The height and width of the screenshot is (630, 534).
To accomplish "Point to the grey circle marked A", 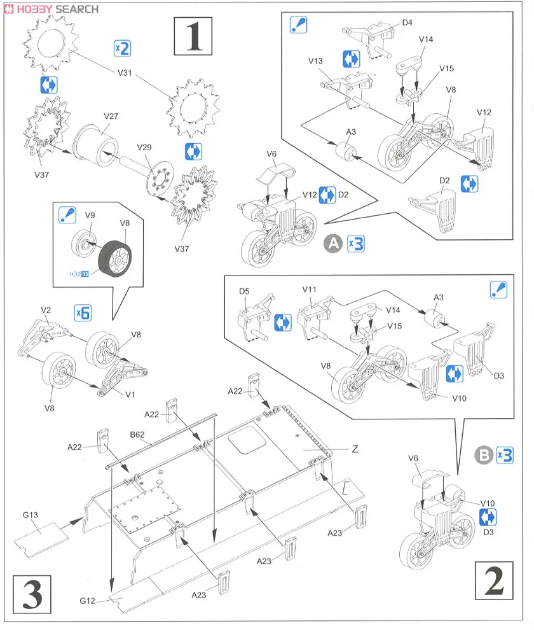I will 332,243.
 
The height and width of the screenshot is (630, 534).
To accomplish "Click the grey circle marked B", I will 483,455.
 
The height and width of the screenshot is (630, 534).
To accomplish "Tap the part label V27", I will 112,116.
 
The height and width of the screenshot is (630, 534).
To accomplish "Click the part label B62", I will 138,435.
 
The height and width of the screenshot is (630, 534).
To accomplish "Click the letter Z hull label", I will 355,449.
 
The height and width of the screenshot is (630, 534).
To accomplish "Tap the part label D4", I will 407,24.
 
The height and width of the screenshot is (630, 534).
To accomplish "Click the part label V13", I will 316,61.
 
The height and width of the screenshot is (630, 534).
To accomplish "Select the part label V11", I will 310,289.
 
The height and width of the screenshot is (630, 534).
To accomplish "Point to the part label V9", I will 90,214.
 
